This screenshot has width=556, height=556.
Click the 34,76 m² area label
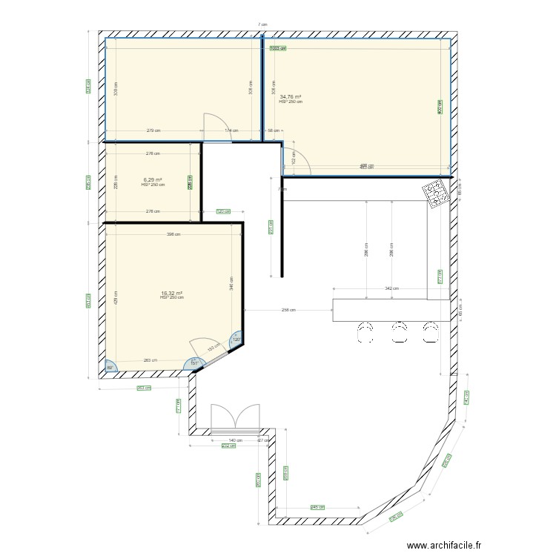tap(291, 97)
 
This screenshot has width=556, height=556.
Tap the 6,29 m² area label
tap(153, 179)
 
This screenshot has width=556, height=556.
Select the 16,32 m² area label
tap(171, 294)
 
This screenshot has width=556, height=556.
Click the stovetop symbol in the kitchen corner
tap(437, 194)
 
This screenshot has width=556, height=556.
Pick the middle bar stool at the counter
tap(400, 330)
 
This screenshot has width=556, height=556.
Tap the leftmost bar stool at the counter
tap(364, 330)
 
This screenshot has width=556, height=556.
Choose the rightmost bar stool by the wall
tap(430, 330)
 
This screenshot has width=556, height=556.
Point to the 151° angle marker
tap(194, 363)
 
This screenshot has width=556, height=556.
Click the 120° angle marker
tap(237, 340)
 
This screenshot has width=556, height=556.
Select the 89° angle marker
tap(110, 367)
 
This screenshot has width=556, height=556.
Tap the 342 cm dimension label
tap(391, 288)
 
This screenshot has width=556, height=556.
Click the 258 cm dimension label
tap(288, 311)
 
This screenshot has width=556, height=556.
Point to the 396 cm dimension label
tap(174, 235)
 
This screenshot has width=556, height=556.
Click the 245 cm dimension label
tap(317, 507)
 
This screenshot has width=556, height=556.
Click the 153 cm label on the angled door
tap(212, 348)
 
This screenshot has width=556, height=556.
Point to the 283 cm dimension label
tap(150, 360)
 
